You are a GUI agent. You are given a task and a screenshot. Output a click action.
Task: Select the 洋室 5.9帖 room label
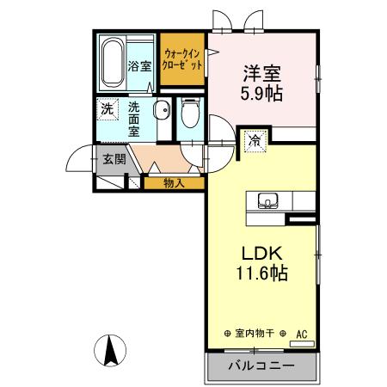263,81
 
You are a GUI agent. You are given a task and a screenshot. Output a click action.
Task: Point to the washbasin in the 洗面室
161,110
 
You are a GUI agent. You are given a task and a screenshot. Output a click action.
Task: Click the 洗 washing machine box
107,109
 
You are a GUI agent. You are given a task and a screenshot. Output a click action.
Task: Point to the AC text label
302,332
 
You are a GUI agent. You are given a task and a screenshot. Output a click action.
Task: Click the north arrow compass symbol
110,351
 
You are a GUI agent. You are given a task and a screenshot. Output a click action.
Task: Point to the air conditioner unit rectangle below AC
302,342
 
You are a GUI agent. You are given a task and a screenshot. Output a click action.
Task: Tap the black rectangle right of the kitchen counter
301,220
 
